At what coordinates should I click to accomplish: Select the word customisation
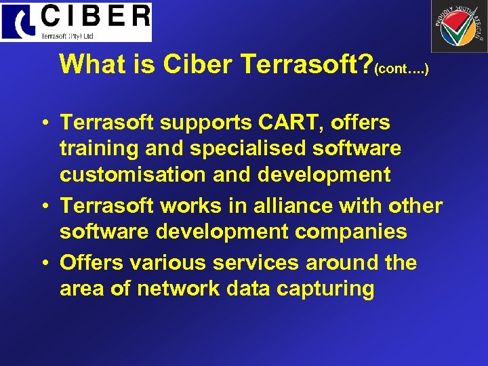pyautogui.click(x=133, y=174)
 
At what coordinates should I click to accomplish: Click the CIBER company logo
pyautogui.click(x=76, y=22)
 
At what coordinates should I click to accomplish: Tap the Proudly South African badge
pyautogui.click(x=459, y=26)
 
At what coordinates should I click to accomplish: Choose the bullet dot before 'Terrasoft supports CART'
pyautogui.click(x=43, y=123)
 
